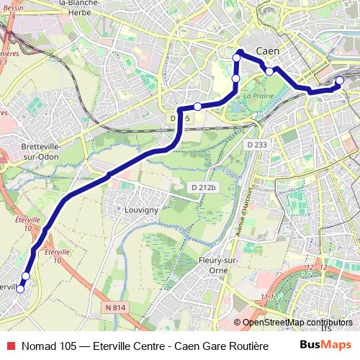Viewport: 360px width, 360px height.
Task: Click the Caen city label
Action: click(x=267, y=52)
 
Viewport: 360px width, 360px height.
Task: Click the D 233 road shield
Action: click(x=256, y=144)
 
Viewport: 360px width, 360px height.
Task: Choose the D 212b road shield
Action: click(x=203, y=188)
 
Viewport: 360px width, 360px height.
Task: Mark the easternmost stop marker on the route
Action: click(x=340, y=81)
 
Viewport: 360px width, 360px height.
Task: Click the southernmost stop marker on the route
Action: click(x=20, y=289)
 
